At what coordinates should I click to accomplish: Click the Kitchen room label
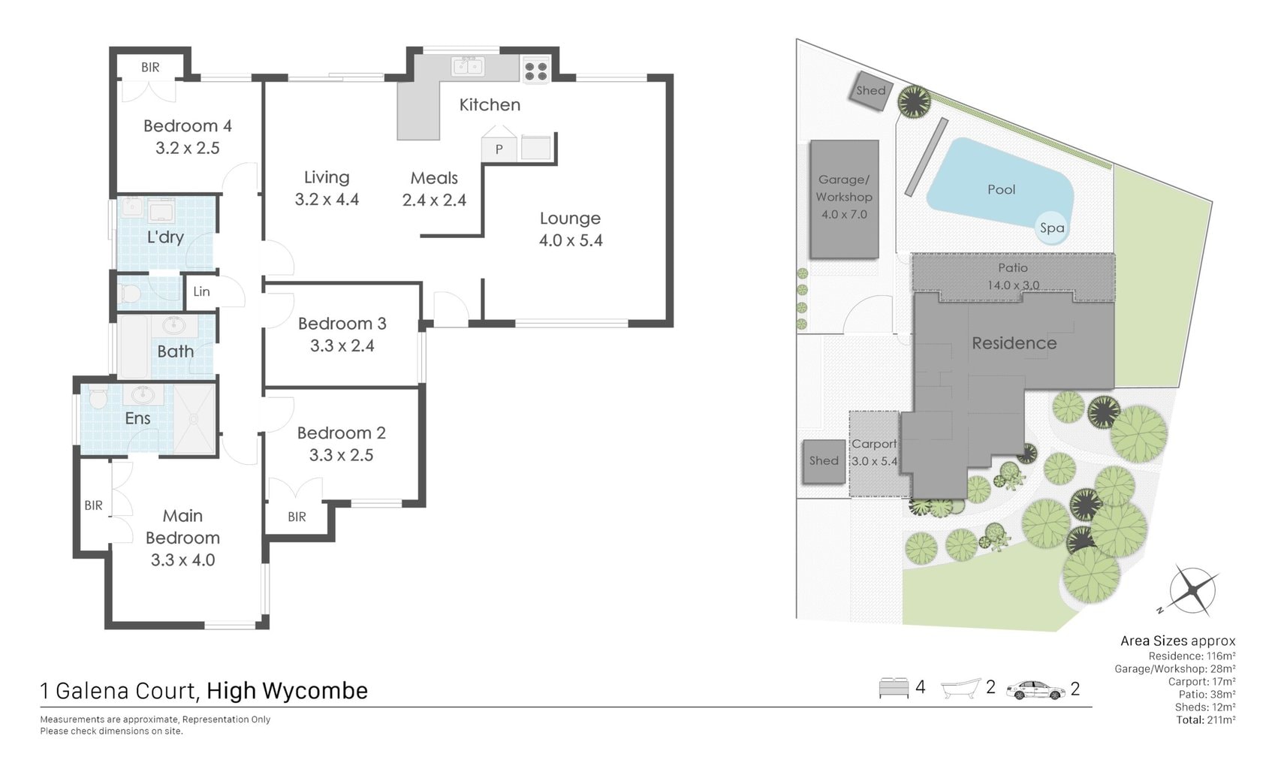point(490,104)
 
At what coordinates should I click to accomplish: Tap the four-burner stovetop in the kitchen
point(535,71)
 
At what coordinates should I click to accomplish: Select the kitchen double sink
point(467,67)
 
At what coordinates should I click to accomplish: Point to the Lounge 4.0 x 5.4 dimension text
point(571,240)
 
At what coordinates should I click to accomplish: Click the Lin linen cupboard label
point(201,291)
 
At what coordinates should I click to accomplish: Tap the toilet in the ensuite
point(98,397)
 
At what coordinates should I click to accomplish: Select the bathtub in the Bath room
point(134,346)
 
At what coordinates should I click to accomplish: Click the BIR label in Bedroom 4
point(150,68)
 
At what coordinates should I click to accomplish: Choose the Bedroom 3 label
point(342,324)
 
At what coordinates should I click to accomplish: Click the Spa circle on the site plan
point(1052,228)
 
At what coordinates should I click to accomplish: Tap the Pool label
point(1002,189)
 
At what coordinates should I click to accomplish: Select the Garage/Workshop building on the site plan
point(844,199)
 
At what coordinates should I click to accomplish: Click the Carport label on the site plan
point(874,444)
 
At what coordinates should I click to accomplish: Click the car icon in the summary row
point(1035,690)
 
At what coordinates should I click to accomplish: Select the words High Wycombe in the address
point(287,691)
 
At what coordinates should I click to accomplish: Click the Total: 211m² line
point(1205,719)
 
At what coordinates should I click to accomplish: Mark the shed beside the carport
point(824,461)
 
